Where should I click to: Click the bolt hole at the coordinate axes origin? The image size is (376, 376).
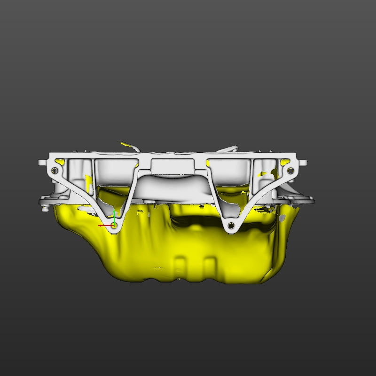(x=114, y=226)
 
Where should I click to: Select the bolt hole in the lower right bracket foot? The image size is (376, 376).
(x=231, y=226)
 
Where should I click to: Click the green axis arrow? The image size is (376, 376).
(x=114, y=217)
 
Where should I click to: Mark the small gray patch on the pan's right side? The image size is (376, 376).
(x=282, y=218)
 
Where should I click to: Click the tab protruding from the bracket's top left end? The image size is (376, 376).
(x=42, y=162)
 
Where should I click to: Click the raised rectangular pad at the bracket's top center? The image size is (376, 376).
(x=172, y=165)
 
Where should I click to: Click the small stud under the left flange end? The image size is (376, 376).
(x=45, y=208)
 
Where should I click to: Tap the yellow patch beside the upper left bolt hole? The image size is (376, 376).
(x=60, y=162)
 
